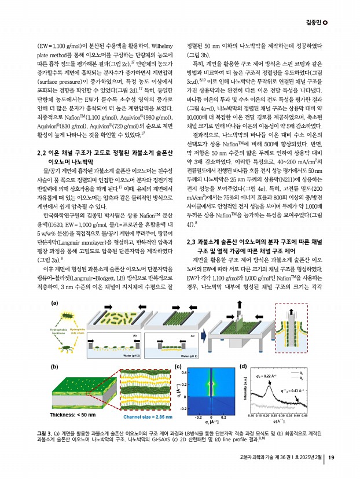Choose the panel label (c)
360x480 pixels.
pos(177,367)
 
